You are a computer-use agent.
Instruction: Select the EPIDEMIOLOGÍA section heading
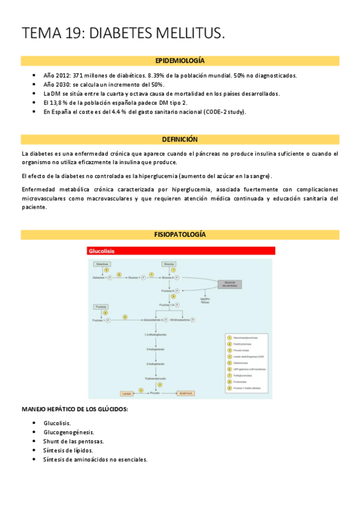(x=180, y=61)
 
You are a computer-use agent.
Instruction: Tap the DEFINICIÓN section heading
(x=180, y=139)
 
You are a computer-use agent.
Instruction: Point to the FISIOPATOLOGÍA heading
(x=180, y=233)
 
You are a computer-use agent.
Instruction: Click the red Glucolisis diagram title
(x=102, y=251)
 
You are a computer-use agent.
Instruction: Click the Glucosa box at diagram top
(x=169, y=264)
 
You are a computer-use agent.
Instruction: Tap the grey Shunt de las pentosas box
(x=228, y=284)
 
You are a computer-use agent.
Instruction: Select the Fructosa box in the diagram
(x=101, y=307)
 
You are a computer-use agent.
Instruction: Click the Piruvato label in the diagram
(x=155, y=392)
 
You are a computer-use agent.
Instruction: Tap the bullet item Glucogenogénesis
(x=69, y=432)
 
